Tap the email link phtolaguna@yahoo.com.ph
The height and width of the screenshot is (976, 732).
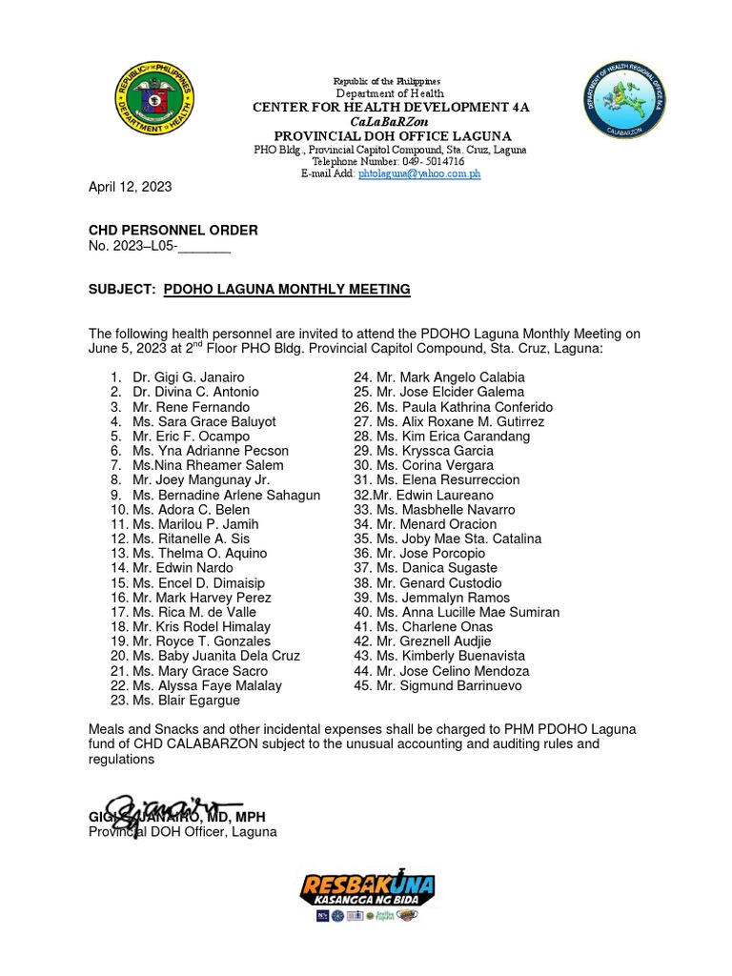419,174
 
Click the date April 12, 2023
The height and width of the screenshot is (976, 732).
130,187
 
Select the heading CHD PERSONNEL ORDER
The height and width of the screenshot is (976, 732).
173,231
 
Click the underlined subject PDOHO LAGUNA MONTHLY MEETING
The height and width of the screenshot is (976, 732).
287,289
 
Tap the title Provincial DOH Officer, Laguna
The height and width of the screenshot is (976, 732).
182,832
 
